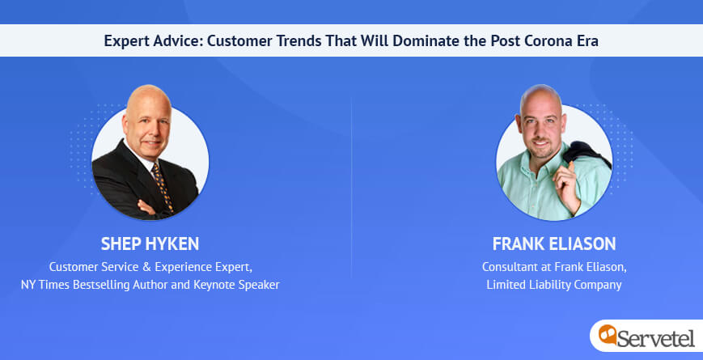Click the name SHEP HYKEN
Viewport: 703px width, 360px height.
click(x=150, y=244)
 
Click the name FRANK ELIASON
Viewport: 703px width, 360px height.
click(x=554, y=244)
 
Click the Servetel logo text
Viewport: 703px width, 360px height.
click(x=656, y=337)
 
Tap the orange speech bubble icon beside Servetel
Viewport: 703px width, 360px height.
click(x=608, y=334)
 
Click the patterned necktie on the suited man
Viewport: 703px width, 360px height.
click(x=163, y=187)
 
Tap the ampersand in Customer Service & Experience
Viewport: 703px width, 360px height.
click(x=146, y=267)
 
